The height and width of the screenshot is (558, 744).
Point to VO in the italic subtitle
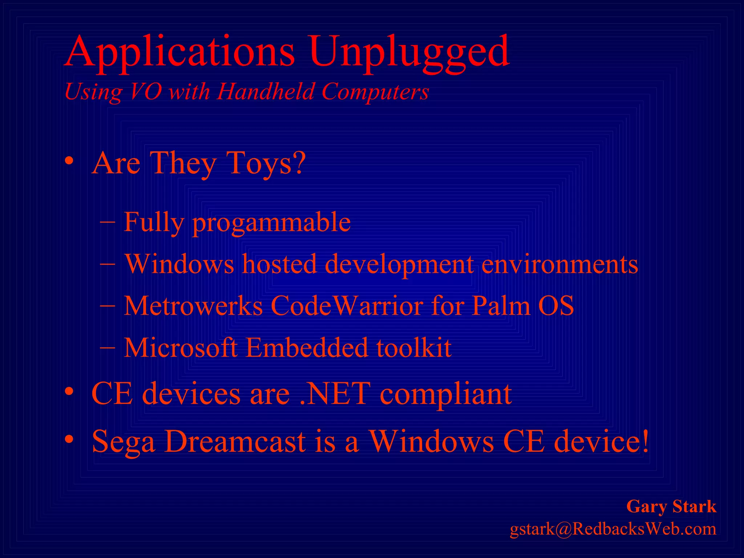tap(145, 92)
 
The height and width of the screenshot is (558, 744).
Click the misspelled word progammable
tap(271, 222)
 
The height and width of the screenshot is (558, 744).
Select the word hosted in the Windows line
tap(279, 264)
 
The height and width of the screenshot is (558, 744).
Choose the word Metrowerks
tap(193, 306)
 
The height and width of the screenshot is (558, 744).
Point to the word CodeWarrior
tap(347, 306)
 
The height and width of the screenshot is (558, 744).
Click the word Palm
tap(501, 306)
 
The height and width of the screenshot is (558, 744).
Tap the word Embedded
tap(307, 348)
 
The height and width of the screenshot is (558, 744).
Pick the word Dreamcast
tap(235, 441)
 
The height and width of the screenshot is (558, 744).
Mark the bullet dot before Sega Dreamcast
tap(69, 440)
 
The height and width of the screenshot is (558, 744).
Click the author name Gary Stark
tap(671, 506)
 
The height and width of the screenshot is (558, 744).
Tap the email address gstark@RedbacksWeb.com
tap(613, 529)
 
